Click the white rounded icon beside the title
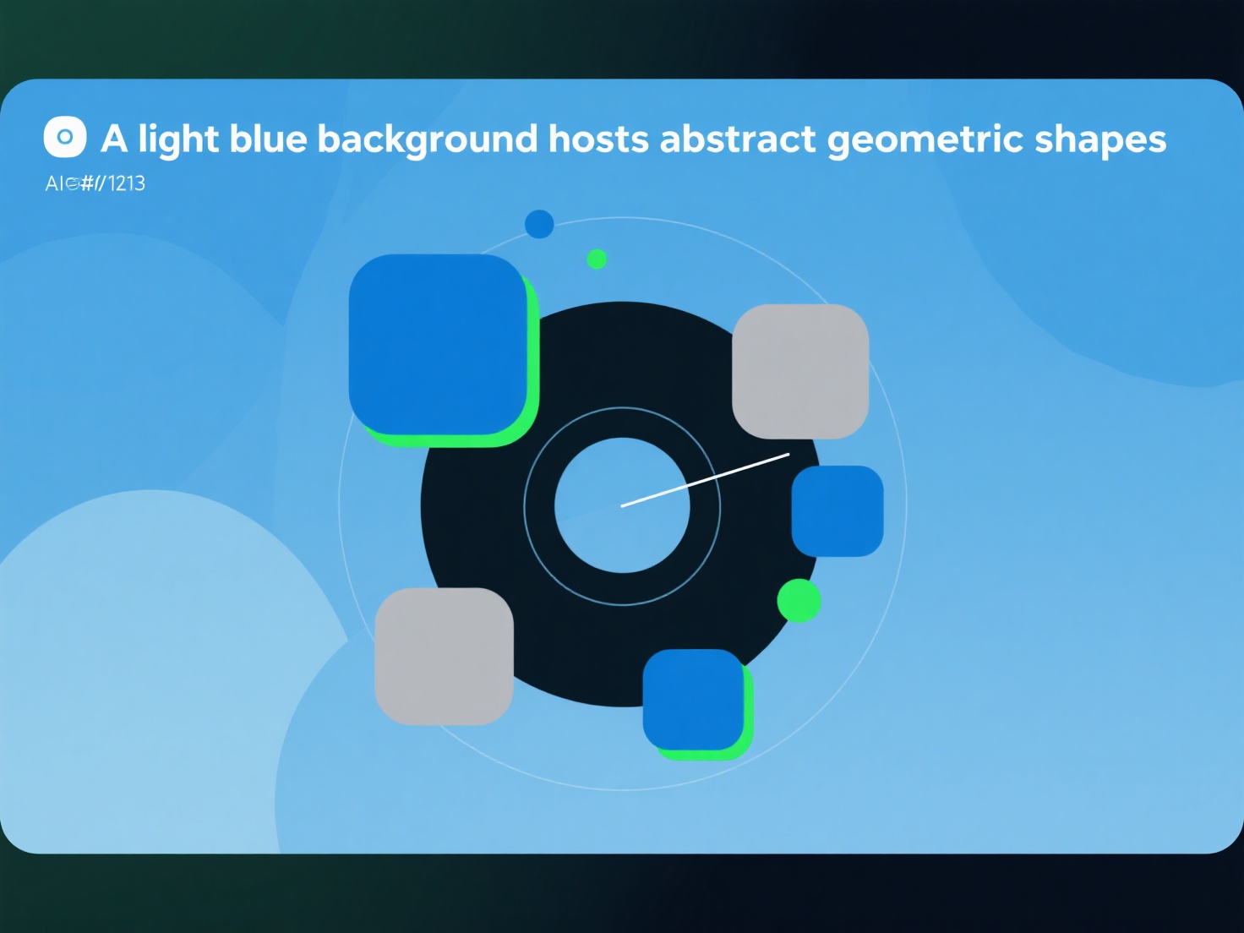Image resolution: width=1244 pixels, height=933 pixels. click(x=65, y=138)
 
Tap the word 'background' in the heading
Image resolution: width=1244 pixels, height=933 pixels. click(x=427, y=139)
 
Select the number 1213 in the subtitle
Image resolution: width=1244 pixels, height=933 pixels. click(x=127, y=183)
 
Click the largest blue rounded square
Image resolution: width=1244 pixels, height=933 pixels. click(x=438, y=344)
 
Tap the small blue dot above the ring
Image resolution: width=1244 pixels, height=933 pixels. click(x=539, y=224)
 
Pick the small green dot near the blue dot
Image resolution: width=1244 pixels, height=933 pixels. click(x=597, y=259)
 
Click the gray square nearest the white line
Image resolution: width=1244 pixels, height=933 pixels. click(x=799, y=371)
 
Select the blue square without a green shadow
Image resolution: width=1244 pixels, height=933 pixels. click(x=837, y=510)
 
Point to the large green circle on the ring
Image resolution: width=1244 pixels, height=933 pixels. click(x=799, y=601)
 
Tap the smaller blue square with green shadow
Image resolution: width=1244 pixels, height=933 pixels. click(x=693, y=699)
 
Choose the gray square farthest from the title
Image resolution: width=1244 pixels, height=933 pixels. click(x=444, y=656)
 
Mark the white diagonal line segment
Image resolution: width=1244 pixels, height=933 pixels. click(x=705, y=480)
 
